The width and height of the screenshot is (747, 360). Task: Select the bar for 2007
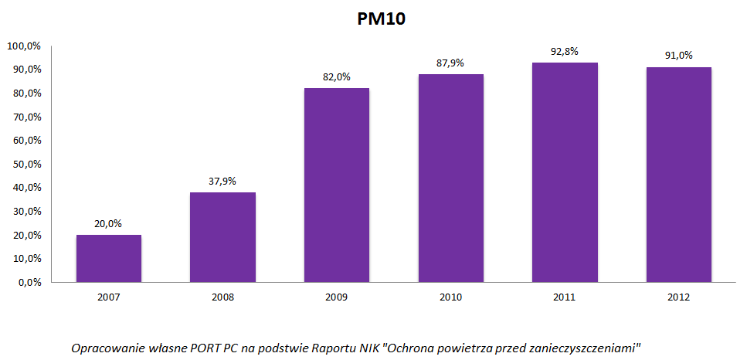pos(109,258)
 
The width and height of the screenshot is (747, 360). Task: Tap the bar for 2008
pos(222,237)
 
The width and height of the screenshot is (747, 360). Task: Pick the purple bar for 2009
pos(337,185)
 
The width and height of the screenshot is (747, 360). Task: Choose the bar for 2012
pos(679,175)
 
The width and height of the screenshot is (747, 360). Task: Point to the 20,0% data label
pos(109,224)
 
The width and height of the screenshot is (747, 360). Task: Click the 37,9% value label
pos(222,182)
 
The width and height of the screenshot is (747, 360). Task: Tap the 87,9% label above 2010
pos(450,63)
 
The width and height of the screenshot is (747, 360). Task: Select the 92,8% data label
pos(565,52)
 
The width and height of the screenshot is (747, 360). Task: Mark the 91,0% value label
pos(679,56)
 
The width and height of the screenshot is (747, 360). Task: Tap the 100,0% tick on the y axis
pos(23,46)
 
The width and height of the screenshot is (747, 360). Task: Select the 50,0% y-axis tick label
pos(25,165)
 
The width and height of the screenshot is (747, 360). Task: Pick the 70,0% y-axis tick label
pos(25,117)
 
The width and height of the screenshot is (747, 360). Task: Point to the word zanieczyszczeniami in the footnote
pos(586,348)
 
